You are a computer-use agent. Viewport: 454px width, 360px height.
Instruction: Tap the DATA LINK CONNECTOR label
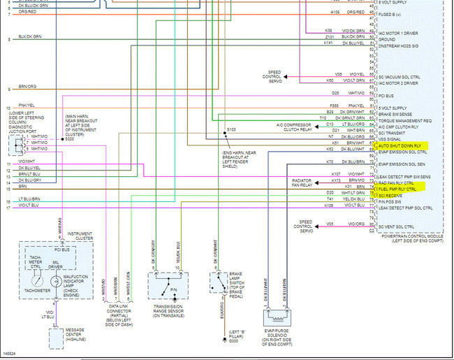click(118, 310)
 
